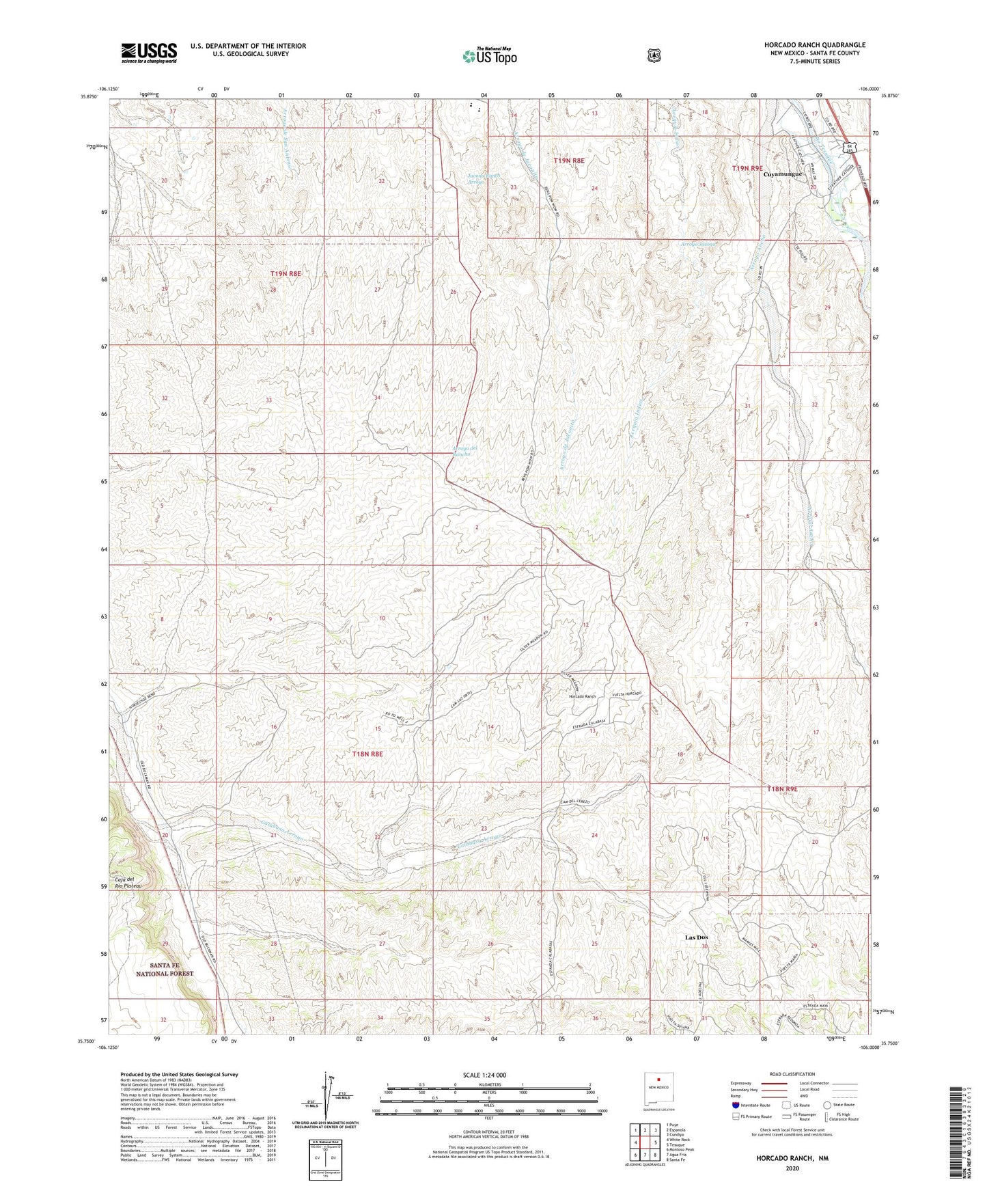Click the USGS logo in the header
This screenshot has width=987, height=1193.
click(x=149, y=52)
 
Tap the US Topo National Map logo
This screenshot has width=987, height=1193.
click(x=488, y=56)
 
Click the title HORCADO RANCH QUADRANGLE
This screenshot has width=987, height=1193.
click(x=814, y=45)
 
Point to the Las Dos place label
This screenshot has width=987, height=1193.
click(x=696, y=937)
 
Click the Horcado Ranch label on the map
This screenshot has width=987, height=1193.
click(x=583, y=696)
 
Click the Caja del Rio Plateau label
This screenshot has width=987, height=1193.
click(x=129, y=882)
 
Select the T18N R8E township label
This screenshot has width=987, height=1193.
click(x=367, y=754)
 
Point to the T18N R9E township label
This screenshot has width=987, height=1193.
click(x=783, y=789)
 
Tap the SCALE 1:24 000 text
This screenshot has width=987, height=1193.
click(x=484, y=1075)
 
